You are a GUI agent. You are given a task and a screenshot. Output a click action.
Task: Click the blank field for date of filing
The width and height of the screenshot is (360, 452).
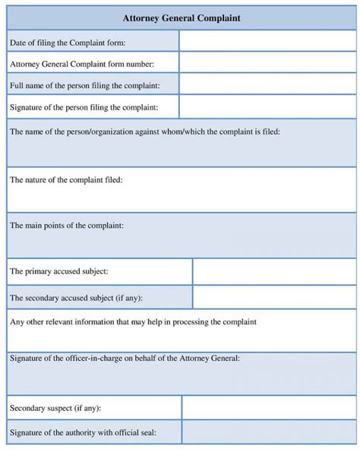267,42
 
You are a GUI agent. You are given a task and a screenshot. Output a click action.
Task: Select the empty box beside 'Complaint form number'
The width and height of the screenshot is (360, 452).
267,63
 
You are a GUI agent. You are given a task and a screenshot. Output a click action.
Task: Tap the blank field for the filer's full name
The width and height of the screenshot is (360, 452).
267,85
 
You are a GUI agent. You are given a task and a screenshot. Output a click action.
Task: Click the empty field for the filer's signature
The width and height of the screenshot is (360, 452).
267,106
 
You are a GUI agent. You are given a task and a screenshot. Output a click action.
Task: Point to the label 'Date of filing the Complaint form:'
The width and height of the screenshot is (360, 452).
68,43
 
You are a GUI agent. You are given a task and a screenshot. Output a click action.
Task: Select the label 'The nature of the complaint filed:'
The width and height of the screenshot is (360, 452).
66,180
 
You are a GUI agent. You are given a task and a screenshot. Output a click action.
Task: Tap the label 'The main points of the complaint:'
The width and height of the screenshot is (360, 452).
67,226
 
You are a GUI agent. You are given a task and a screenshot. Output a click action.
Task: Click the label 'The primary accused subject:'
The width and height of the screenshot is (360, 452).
58,270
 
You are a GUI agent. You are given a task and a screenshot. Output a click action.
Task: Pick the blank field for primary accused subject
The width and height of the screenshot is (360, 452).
273,270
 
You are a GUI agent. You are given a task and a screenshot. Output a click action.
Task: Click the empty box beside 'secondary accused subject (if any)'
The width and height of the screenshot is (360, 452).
273,297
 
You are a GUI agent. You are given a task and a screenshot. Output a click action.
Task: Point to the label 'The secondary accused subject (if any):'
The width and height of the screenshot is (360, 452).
76,297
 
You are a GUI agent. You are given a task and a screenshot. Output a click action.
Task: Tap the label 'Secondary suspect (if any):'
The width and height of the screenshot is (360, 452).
55,408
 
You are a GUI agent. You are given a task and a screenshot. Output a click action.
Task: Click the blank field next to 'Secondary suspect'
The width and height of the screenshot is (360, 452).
268,408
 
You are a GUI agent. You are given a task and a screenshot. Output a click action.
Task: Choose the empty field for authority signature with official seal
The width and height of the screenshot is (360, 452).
268,433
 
